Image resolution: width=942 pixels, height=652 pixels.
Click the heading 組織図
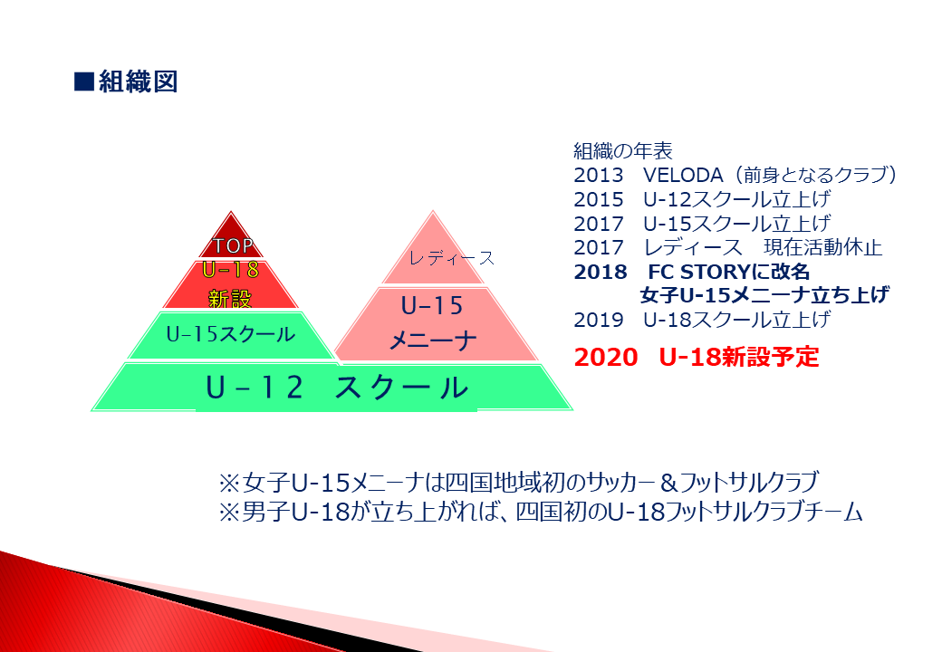tap(139, 81)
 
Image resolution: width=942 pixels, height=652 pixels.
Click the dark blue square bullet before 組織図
tap(84, 81)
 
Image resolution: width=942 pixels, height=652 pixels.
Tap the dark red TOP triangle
tap(231, 238)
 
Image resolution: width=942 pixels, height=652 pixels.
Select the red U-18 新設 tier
tap(231, 284)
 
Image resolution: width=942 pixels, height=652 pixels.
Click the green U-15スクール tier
tap(231, 334)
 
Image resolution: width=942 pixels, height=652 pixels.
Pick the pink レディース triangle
tap(433, 252)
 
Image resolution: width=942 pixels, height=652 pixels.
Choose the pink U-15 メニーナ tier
tap(435, 324)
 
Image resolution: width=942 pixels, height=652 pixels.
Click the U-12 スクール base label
tap(336, 388)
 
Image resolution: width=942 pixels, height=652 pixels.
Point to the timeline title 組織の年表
tap(623, 150)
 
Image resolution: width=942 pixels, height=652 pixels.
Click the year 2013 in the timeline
tap(599, 175)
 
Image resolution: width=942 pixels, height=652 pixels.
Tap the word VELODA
tap(683, 175)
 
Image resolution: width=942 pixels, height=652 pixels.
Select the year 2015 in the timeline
tap(599, 199)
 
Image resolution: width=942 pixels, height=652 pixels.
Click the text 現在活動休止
tap(823, 247)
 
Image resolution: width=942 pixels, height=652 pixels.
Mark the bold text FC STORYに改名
tap(729, 272)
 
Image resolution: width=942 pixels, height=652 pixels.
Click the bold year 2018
tap(601, 272)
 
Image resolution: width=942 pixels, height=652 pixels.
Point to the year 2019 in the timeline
tap(599, 320)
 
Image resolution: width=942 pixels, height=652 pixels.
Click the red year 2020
tap(606, 357)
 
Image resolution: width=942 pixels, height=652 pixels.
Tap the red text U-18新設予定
tap(739, 357)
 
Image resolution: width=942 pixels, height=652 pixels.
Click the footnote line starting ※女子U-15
tap(518, 482)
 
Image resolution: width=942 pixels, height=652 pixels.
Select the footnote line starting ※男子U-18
tap(541, 513)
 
